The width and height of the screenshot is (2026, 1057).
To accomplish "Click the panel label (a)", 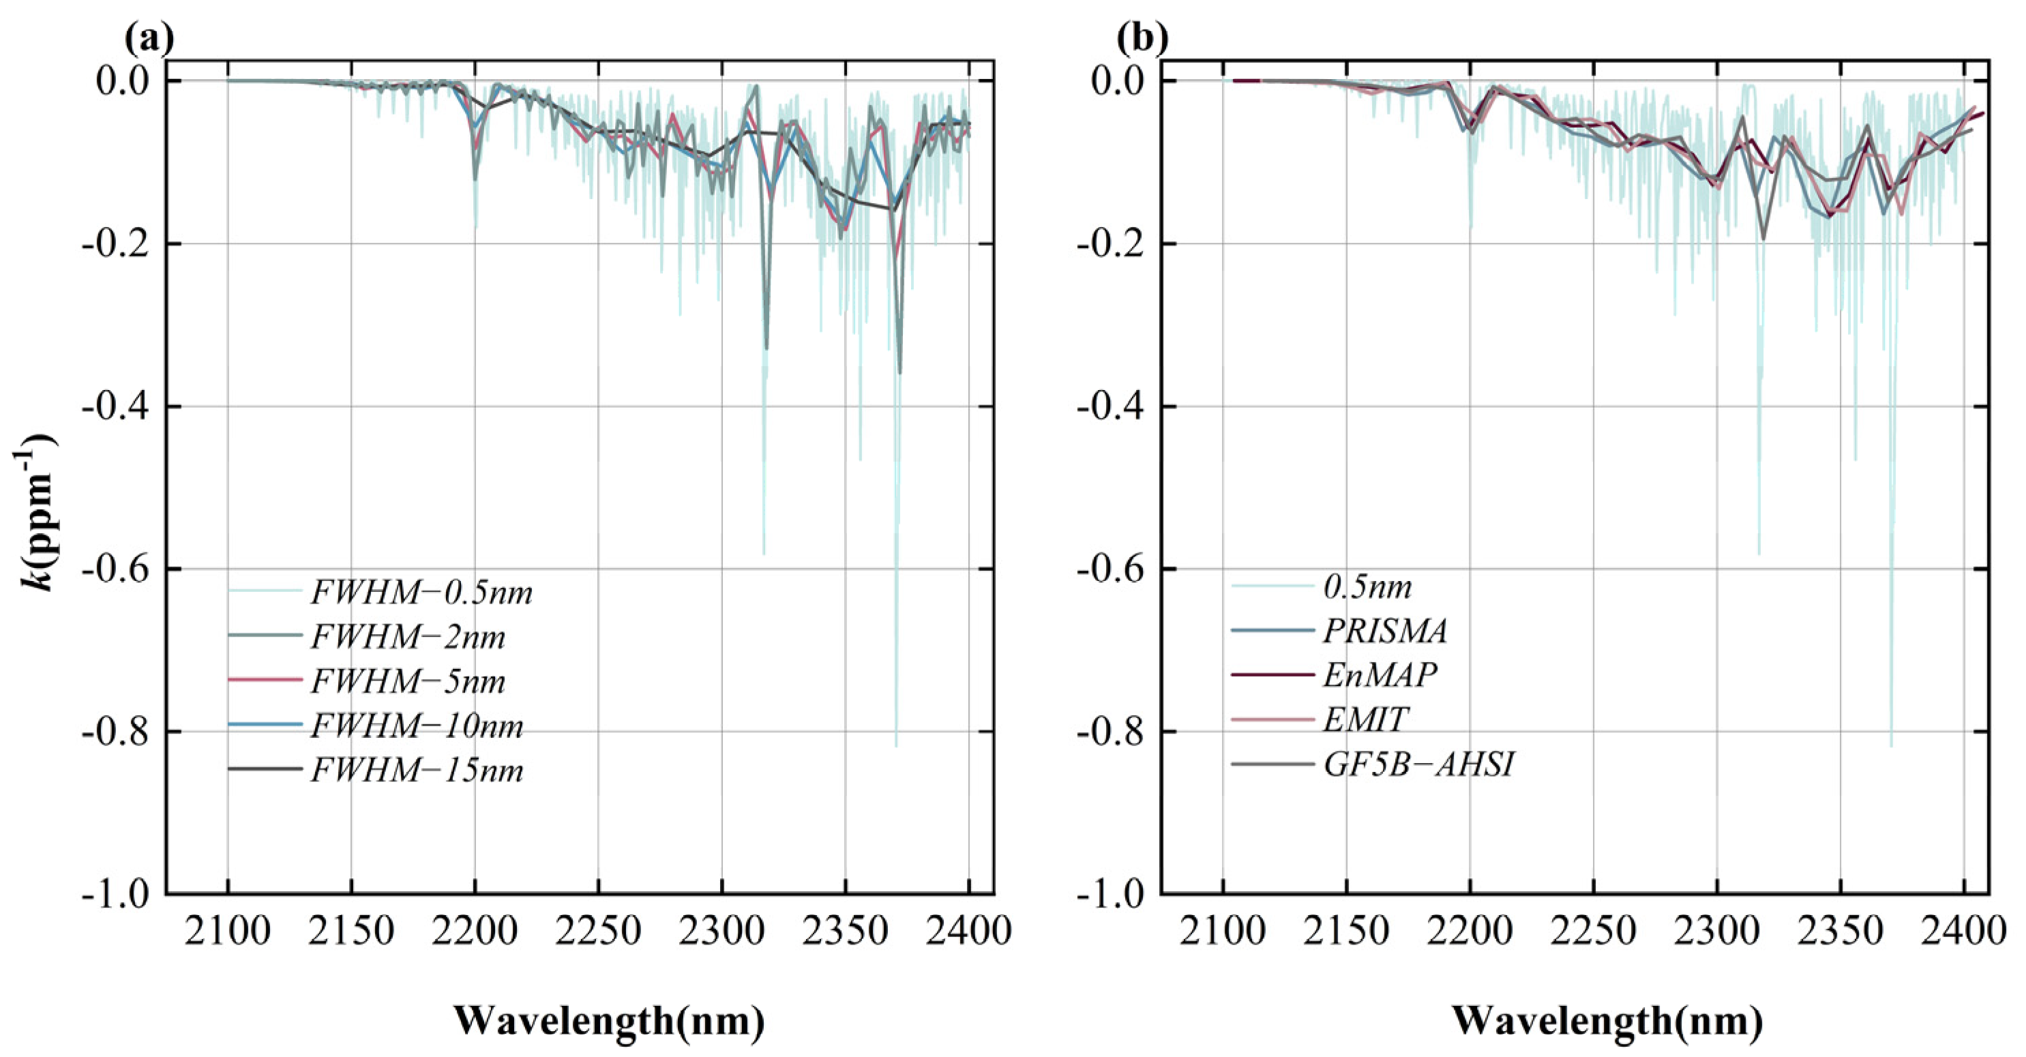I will pos(149,38).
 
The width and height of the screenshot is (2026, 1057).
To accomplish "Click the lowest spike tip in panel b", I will pos(1892,744).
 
